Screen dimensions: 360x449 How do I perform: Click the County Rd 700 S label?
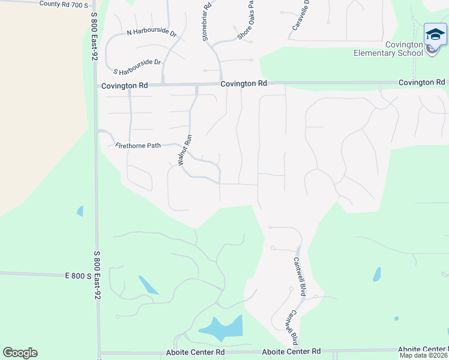63,4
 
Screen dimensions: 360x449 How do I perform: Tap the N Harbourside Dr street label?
151,34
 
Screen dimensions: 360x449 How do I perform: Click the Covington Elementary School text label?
388,49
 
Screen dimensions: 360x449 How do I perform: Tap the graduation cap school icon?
435,34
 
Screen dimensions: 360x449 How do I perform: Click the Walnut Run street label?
184,149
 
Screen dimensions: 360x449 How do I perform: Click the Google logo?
20,353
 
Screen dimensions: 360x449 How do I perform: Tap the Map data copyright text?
423,355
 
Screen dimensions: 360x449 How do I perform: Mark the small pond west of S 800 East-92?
80,211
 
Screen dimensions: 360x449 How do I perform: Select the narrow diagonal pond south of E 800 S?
148,284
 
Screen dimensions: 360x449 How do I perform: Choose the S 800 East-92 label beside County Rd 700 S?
94,37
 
